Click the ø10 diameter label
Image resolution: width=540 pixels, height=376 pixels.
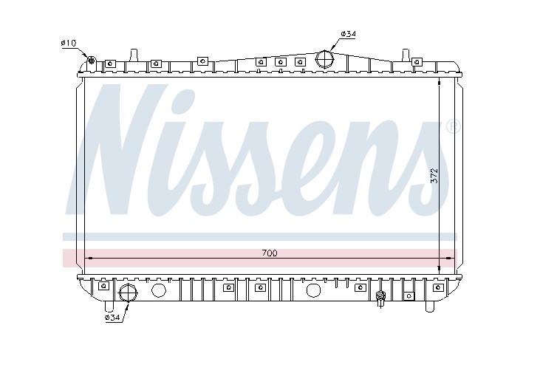coord(68,43)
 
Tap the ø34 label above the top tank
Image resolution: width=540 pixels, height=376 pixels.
coord(348,34)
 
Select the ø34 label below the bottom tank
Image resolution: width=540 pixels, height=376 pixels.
coord(112,318)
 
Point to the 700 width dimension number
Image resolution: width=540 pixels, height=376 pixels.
coord(270,253)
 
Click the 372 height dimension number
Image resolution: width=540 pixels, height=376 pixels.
coord(434,175)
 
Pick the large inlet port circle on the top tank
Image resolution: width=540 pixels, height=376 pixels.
coord(325,59)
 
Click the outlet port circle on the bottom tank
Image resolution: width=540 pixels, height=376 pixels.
coord(129,293)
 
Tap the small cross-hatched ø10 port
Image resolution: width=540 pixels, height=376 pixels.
coord(92,61)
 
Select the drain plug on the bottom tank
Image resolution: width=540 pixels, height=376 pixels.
coord(380,298)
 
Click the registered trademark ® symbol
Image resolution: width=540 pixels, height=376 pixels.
coord(454,126)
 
